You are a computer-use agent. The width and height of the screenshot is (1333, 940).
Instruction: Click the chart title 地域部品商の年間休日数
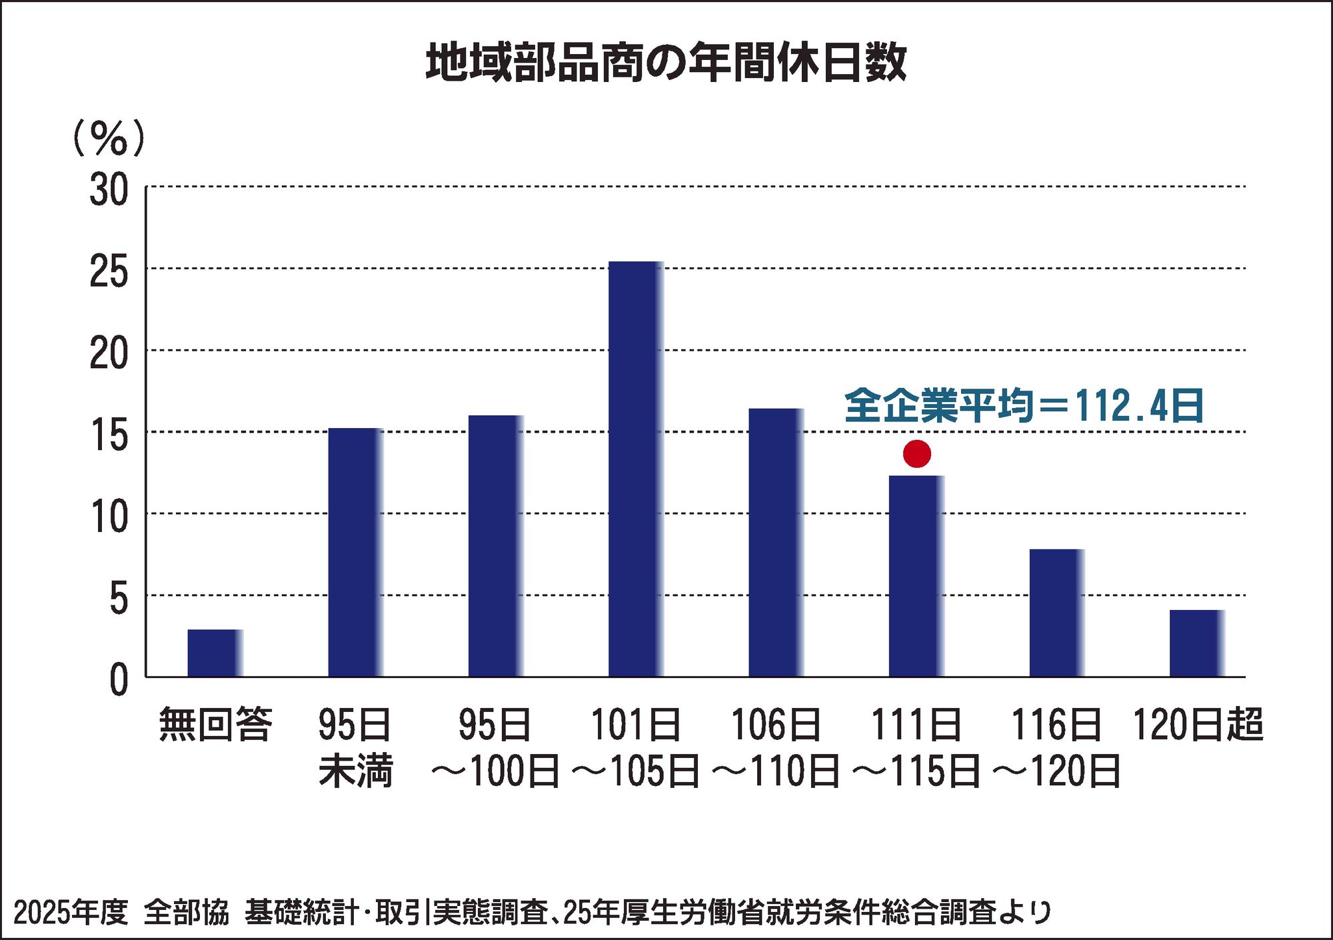point(666,63)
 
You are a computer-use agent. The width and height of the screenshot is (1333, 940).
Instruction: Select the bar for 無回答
point(215,653)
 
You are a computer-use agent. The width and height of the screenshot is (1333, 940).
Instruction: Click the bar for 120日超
point(1196,643)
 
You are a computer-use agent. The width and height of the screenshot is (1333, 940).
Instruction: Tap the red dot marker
point(916,454)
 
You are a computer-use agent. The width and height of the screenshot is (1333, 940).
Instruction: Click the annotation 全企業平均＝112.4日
point(1024,405)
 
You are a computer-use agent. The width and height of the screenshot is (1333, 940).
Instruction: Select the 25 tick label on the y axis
point(109,272)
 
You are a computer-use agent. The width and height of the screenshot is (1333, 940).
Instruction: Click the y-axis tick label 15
point(109,436)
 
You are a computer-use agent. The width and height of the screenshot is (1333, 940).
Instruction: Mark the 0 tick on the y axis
point(118,681)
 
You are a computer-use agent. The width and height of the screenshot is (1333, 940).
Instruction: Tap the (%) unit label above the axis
point(108,139)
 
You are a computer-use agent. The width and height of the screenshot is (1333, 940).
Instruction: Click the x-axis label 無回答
point(215,725)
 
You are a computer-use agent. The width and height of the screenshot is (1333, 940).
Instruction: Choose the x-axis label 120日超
point(1198,725)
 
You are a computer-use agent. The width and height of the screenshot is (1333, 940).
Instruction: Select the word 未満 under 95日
point(355,771)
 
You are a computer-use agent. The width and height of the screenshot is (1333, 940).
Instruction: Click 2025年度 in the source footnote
point(70,912)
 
